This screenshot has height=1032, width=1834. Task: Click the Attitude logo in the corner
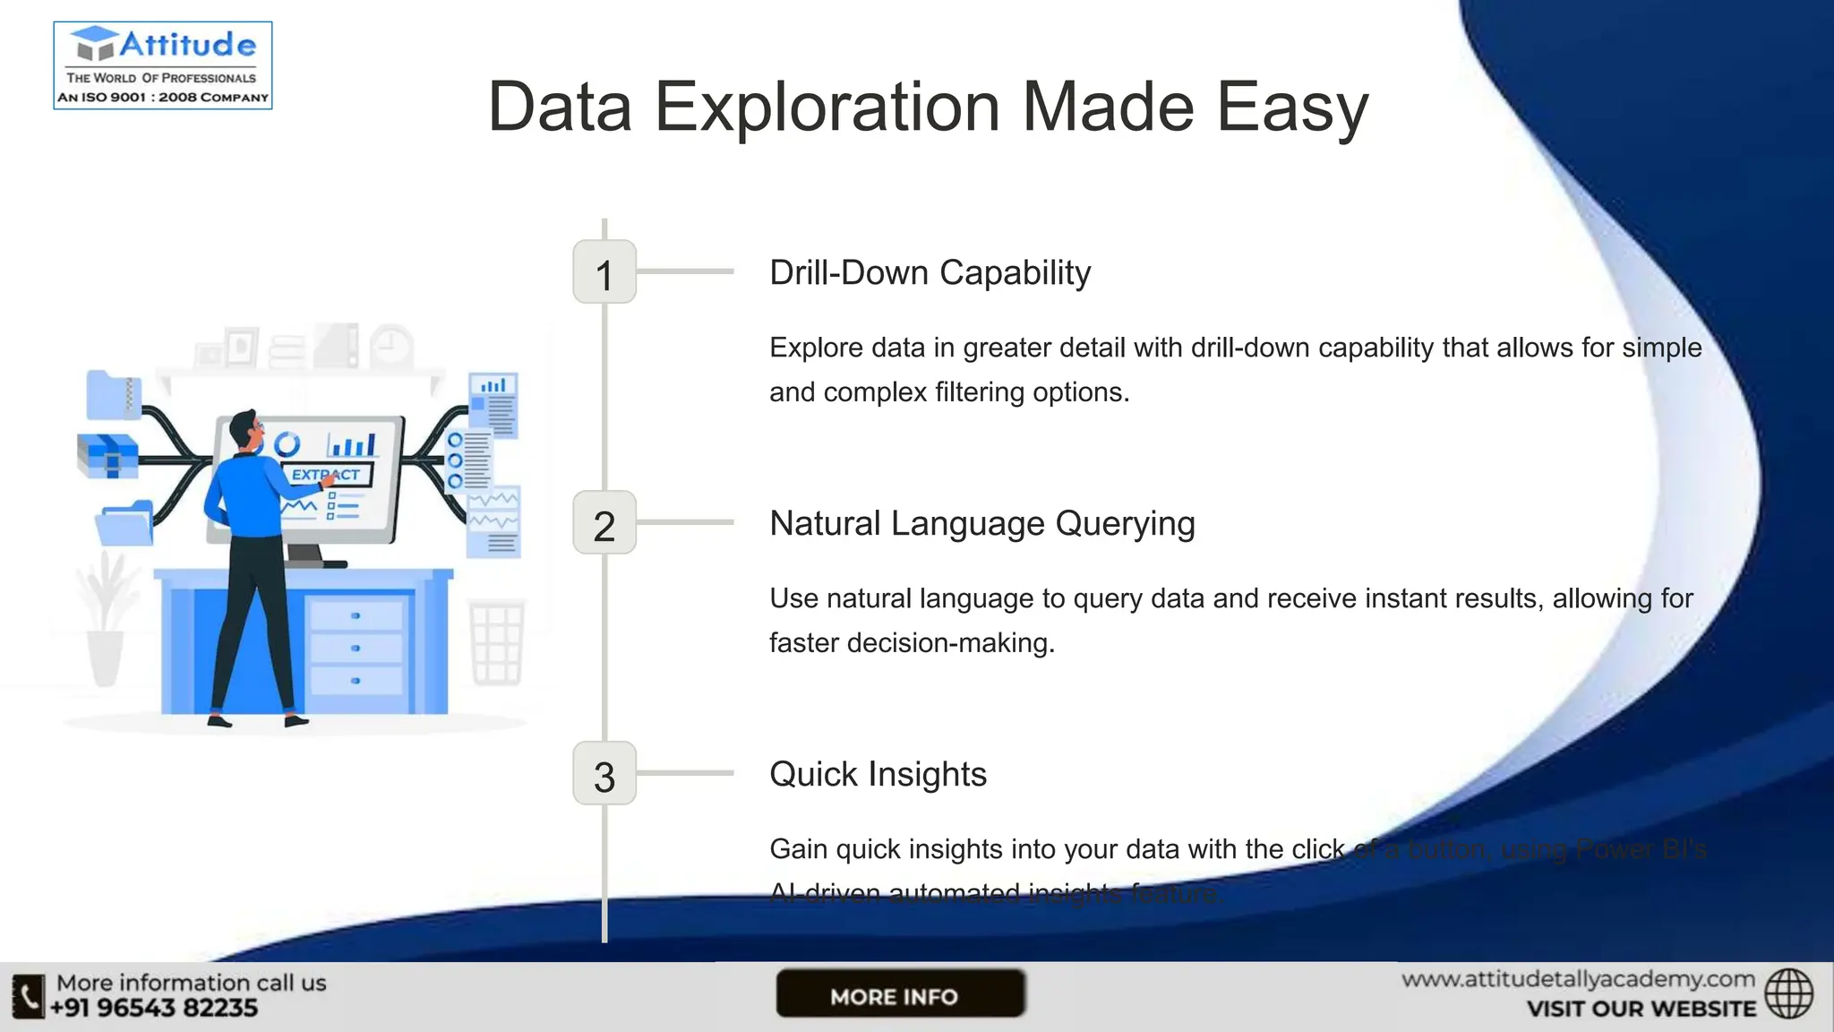click(163, 65)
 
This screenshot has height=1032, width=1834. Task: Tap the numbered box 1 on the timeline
click(604, 272)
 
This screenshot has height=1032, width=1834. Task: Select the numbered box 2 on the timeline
click(604, 523)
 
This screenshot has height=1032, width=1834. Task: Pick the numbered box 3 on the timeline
click(604, 774)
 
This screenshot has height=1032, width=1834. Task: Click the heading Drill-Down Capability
click(930, 273)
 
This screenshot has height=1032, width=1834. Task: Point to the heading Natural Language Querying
click(981, 524)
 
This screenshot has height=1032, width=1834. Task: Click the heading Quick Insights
click(878, 775)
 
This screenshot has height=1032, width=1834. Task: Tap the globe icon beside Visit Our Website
click(1788, 993)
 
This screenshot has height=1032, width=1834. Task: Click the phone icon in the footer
click(28, 996)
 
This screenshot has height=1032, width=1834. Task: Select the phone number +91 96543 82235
click(154, 1009)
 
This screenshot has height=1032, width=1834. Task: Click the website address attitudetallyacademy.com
click(1578, 979)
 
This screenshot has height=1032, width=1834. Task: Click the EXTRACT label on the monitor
click(326, 475)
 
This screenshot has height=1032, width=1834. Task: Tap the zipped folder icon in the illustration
click(114, 395)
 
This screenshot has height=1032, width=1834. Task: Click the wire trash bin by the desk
click(496, 643)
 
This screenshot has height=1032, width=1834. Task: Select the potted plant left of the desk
click(106, 618)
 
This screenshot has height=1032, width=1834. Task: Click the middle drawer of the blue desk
click(356, 648)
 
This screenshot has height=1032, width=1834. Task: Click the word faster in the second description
click(803, 643)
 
